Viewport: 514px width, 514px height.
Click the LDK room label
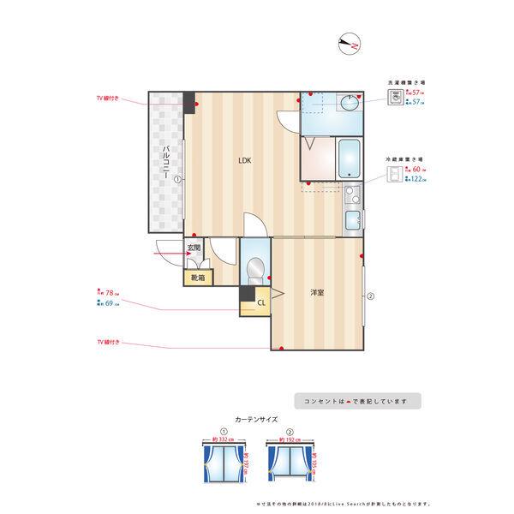point(244,160)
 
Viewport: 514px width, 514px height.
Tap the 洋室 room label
point(317,293)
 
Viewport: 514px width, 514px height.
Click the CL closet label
point(260,302)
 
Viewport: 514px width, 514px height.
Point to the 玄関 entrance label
point(194,249)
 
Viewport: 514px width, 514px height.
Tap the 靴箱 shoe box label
point(197,278)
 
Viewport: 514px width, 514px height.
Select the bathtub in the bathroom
point(351,158)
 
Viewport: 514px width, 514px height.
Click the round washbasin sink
point(349,105)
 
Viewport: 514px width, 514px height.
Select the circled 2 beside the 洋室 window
point(370,297)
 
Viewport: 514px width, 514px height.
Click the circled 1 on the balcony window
point(176,180)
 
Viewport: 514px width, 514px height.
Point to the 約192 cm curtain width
point(284,439)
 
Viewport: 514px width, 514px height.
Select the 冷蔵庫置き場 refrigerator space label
point(404,160)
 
